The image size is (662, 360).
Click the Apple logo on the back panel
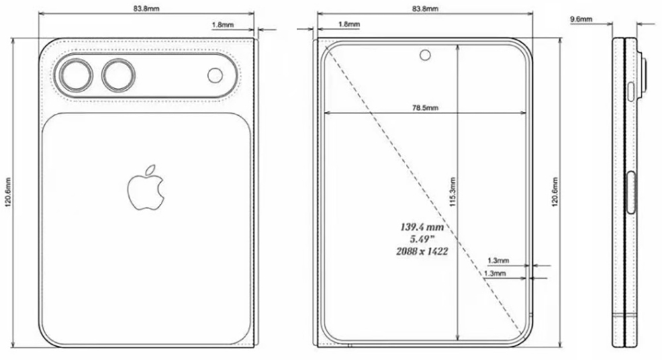[145, 189]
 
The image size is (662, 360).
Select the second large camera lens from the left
[118, 75]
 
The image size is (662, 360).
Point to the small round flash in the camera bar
[215, 75]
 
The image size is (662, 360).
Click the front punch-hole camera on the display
[424, 54]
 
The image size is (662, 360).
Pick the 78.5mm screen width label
[424, 107]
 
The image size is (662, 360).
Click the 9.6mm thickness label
[581, 20]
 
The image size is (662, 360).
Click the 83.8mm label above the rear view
[146, 9]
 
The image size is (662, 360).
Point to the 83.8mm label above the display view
[424, 9]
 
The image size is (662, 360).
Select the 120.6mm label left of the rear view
[8, 193]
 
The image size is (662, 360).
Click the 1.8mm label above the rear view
[222, 24]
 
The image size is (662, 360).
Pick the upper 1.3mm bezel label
[497, 261]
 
